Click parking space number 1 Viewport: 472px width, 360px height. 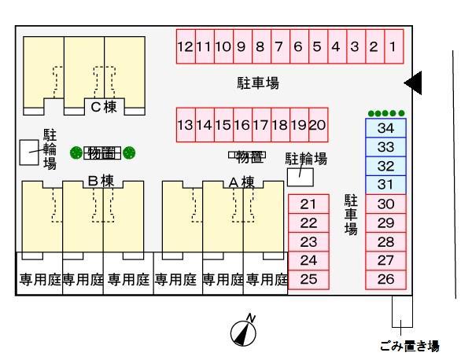tap(393, 46)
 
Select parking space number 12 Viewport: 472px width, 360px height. tap(185, 46)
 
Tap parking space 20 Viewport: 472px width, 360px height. tap(318, 125)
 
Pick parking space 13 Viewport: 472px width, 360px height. tap(185, 125)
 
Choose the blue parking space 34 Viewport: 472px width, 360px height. tap(385, 127)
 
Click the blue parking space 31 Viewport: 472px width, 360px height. tap(385, 185)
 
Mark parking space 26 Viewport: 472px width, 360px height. tap(385, 278)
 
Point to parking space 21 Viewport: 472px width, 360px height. tap(308, 204)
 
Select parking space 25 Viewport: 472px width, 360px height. tap(308, 278)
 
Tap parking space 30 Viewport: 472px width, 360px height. tap(385, 204)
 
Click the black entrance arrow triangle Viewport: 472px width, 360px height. tap(415, 81)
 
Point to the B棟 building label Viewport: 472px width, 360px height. tap(101, 180)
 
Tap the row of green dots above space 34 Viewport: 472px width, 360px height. tap(385, 113)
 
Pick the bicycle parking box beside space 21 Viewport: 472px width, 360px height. tap(299, 177)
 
